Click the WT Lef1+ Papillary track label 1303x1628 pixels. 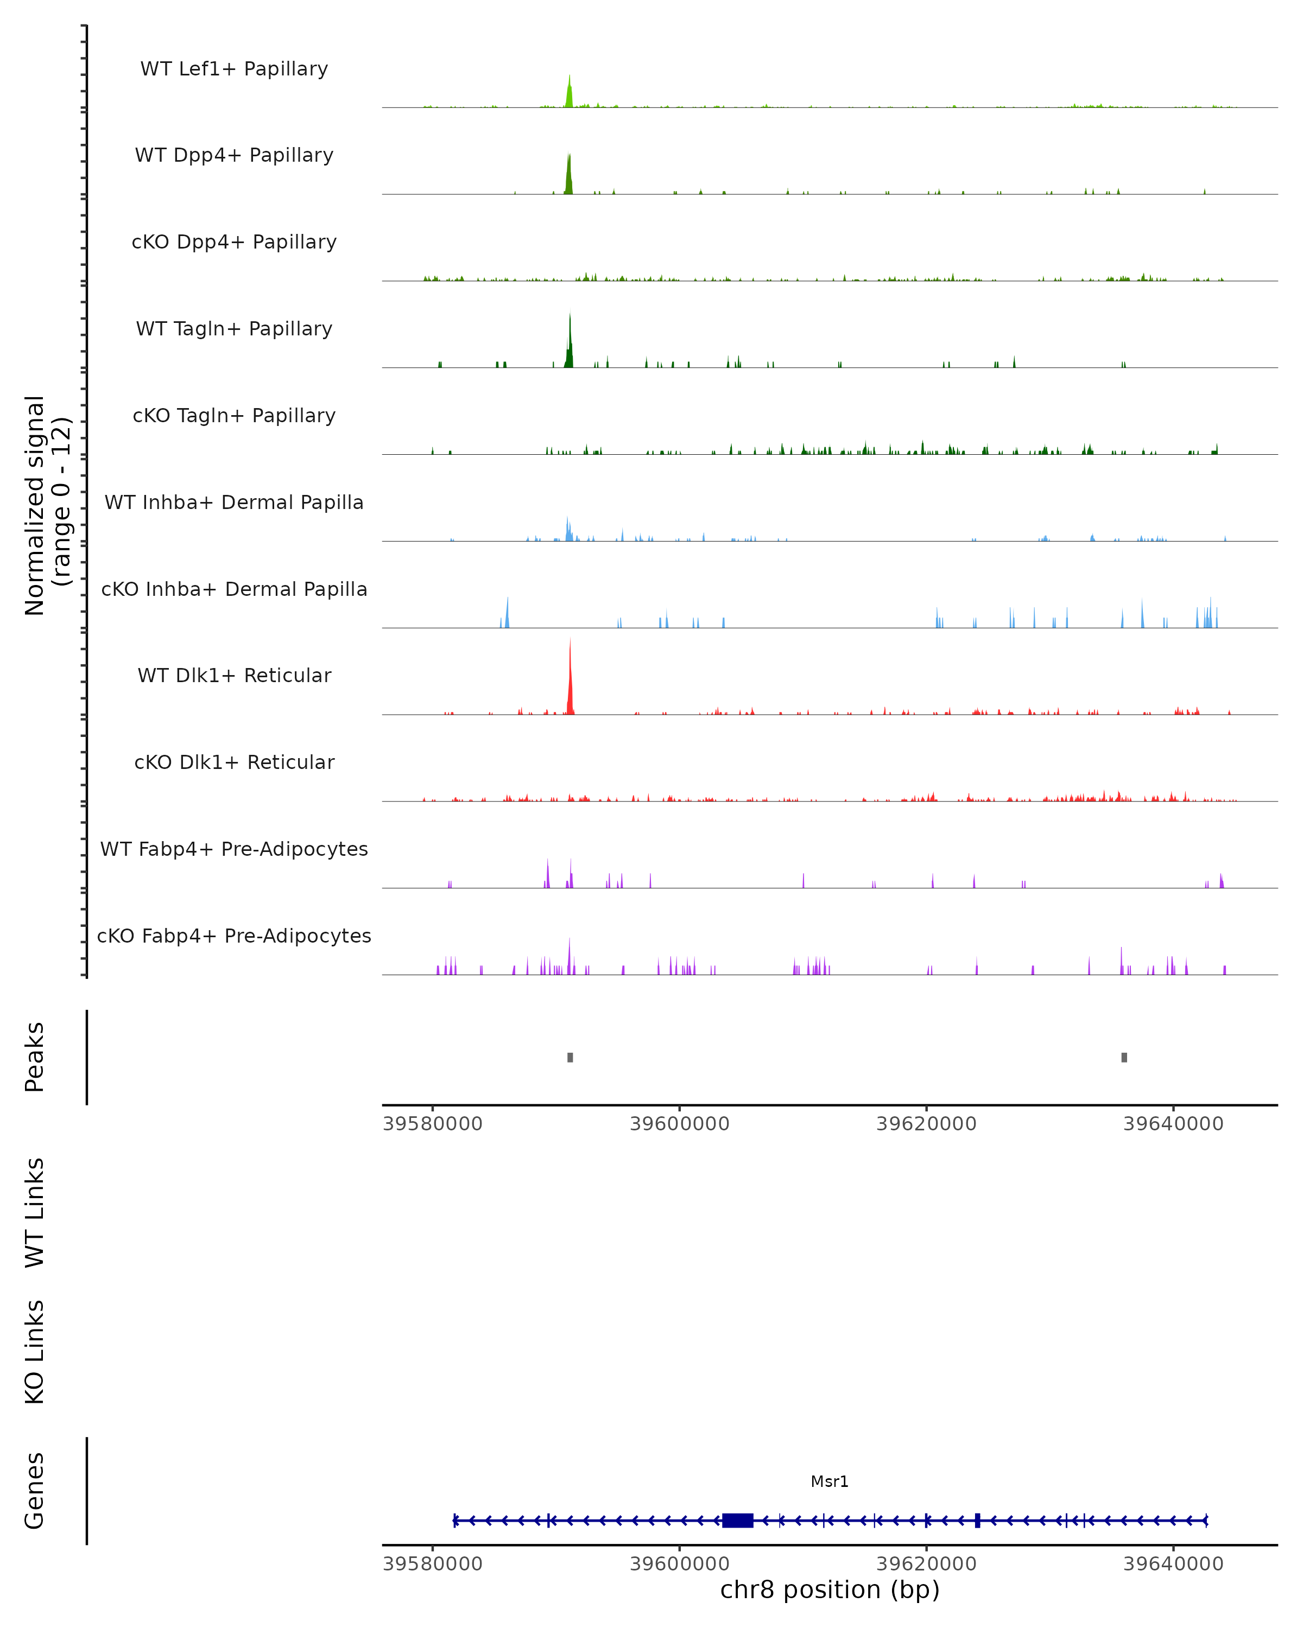coord(234,69)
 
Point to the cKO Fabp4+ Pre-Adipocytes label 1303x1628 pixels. coord(234,936)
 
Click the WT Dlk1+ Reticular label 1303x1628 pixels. coord(234,675)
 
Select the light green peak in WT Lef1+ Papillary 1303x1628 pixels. coord(570,93)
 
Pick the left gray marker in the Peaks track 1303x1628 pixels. coord(570,1057)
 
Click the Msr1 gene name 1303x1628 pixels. coord(830,1481)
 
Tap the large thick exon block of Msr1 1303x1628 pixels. coord(737,1521)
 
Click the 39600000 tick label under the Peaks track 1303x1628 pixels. coord(680,1124)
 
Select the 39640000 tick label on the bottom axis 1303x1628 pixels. coord(1173,1564)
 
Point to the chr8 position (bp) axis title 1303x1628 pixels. coord(830,1590)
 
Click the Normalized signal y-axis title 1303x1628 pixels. coord(47,506)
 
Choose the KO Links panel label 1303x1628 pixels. coord(35,1352)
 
